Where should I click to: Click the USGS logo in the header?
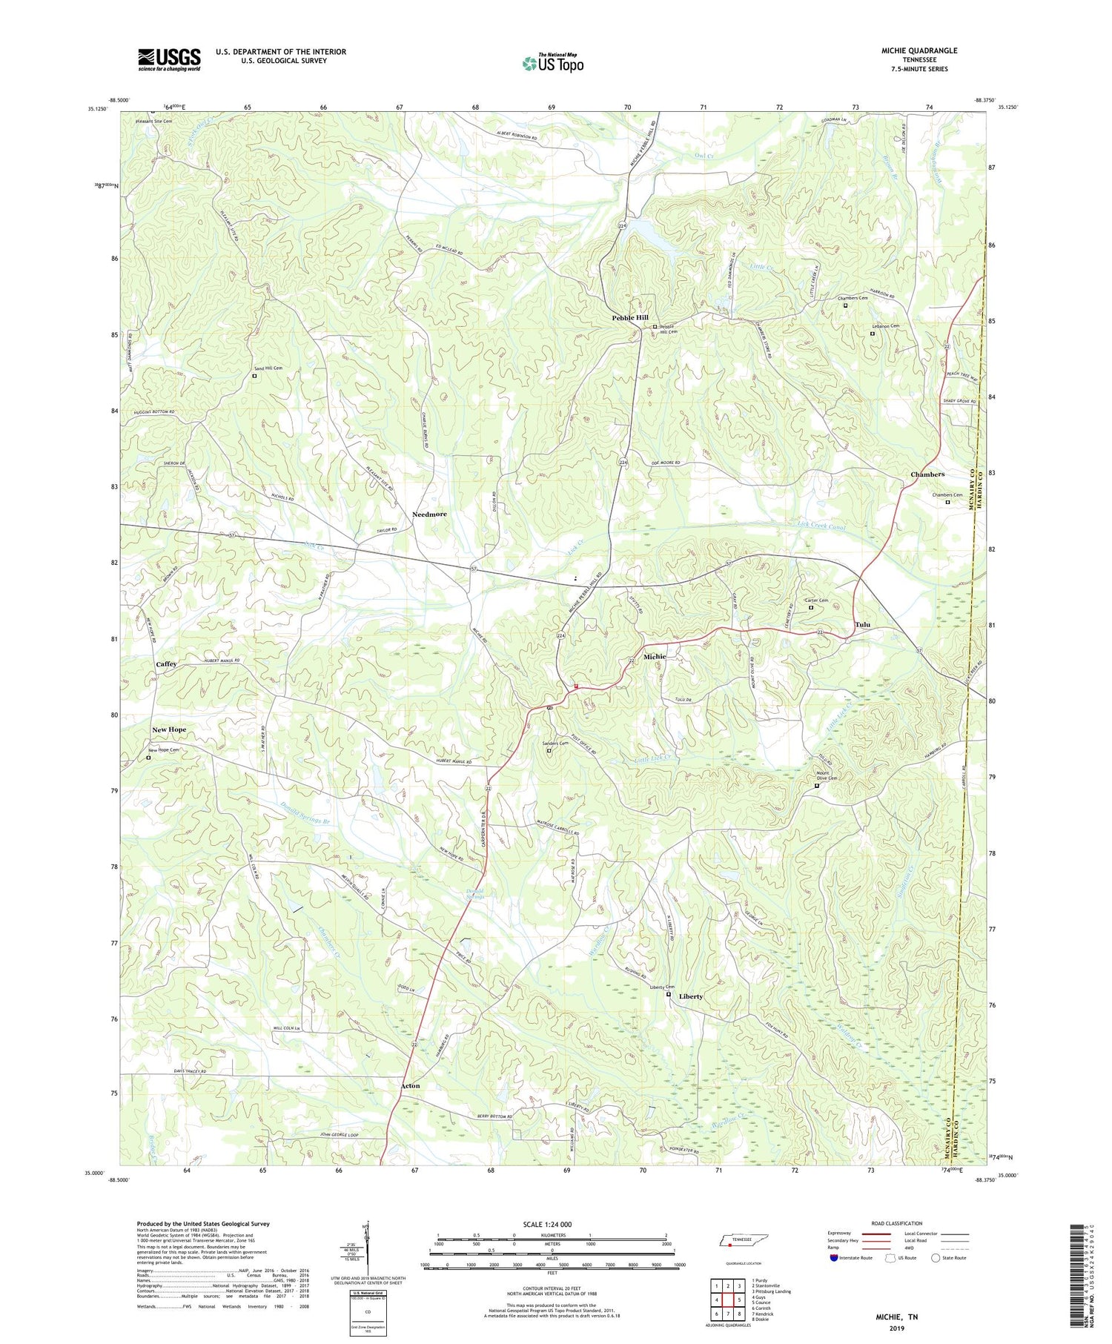(169, 59)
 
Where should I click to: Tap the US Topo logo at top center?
(552, 63)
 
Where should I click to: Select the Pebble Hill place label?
(630, 317)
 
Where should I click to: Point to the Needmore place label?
(429, 514)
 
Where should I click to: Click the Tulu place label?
(862, 624)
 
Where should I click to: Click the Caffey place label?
(166, 663)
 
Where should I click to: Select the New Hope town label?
(169, 729)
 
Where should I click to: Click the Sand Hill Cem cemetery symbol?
(254, 376)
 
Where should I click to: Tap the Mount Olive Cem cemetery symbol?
(817, 786)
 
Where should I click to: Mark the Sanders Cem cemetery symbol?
(549, 751)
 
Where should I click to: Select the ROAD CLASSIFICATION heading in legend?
(897, 1223)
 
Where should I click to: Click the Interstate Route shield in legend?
(834, 1258)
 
